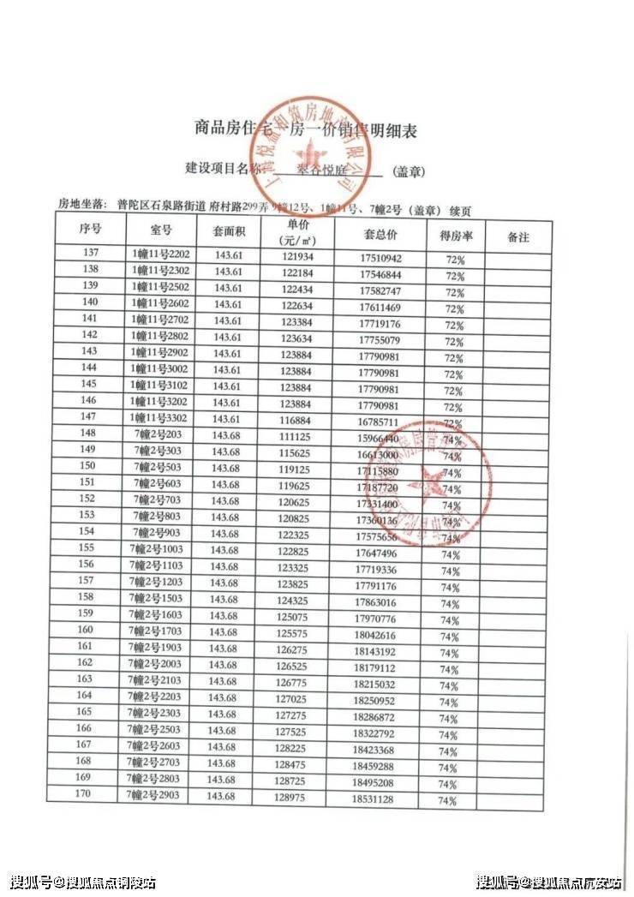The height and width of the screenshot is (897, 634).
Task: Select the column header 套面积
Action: point(229,231)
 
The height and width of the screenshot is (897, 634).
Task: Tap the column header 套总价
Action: point(380,234)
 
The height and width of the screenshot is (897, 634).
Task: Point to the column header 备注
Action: point(518,236)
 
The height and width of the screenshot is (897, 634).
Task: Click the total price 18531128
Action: point(374,798)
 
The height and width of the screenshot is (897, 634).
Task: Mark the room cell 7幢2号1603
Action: point(158,614)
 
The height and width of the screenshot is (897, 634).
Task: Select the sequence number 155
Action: point(86,548)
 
